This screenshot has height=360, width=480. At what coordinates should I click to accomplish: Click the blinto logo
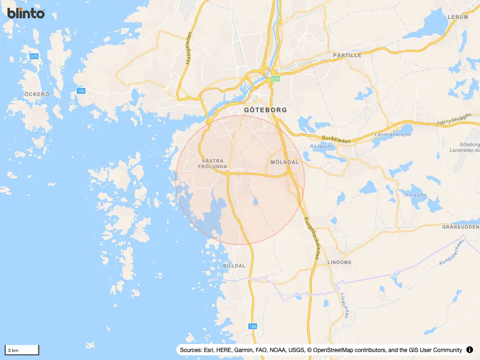coord(26,13)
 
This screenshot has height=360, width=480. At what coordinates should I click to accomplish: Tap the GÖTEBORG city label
coord(265,110)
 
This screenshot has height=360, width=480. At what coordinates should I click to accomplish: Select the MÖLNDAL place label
coord(285,162)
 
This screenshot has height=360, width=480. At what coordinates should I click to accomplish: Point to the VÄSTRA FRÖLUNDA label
coord(213,164)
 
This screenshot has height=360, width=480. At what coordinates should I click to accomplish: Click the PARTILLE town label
coord(347,55)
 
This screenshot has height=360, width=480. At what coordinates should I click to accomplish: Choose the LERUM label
coord(458,17)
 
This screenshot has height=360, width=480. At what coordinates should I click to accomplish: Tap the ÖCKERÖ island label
coord(37,94)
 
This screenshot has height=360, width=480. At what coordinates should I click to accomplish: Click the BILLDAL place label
coord(234,266)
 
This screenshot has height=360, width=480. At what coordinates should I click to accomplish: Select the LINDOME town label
coord(339,262)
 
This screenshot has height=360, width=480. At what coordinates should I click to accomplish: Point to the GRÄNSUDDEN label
coord(461,226)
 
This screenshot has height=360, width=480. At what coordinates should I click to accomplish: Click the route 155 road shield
coord(81,91)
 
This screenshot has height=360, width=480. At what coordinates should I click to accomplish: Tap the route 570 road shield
coord(34,56)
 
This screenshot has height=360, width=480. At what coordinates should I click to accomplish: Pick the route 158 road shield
coord(253,326)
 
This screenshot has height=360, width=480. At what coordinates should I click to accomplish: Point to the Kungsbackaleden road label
coord(312,239)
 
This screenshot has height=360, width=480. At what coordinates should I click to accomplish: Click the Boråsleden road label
coord(337,139)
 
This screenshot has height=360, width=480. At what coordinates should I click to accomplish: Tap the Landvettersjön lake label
coord(393,135)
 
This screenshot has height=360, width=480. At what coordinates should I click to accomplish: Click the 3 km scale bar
coord(22,350)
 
